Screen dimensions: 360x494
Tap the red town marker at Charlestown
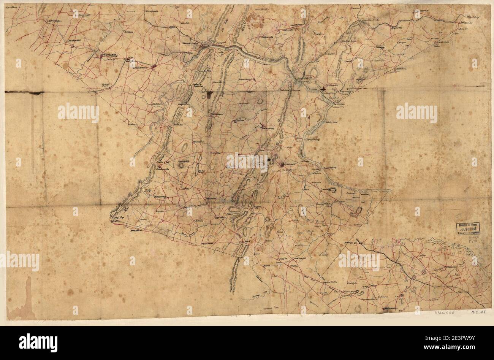click(x=154, y=68)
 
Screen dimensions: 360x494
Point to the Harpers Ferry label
click(x=191, y=43)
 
